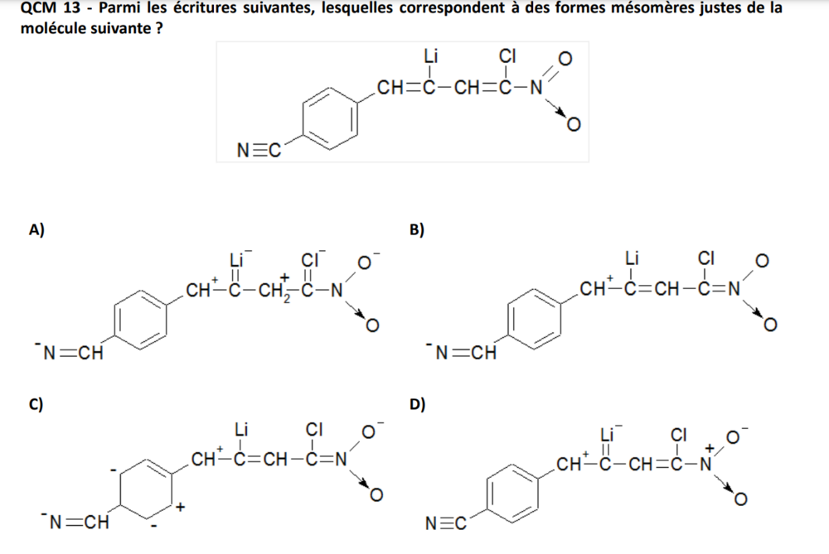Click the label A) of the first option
click(36, 230)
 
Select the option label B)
click(418, 230)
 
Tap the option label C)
click(36, 404)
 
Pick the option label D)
click(418, 404)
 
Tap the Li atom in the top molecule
click(431, 56)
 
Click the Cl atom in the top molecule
click(507, 56)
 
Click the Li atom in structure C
click(241, 429)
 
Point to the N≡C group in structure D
click(444, 523)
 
